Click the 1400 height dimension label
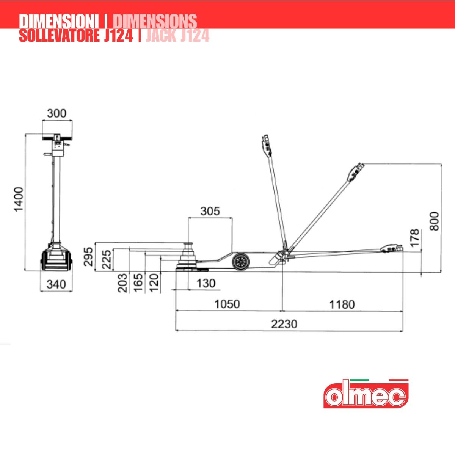pos(19,199)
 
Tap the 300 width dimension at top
pos(56,113)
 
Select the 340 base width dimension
pos(56,284)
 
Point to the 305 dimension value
pos(210,211)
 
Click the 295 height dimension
pos(88,257)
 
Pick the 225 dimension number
pos(106,260)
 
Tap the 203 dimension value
pos(122,283)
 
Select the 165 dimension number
pos(138,283)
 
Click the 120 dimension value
pos(154,283)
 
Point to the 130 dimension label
pos(206,283)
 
